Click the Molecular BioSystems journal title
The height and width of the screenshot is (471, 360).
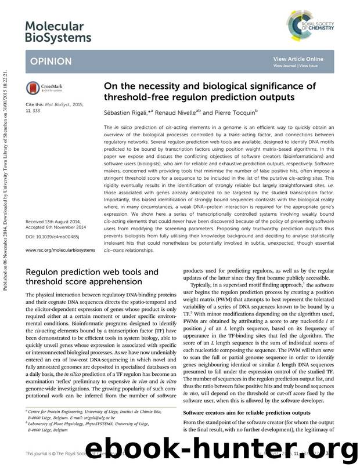click(59, 31)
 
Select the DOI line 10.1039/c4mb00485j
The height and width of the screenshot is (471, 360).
click(53, 237)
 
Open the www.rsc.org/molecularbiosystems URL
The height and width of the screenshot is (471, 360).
click(62, 250)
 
